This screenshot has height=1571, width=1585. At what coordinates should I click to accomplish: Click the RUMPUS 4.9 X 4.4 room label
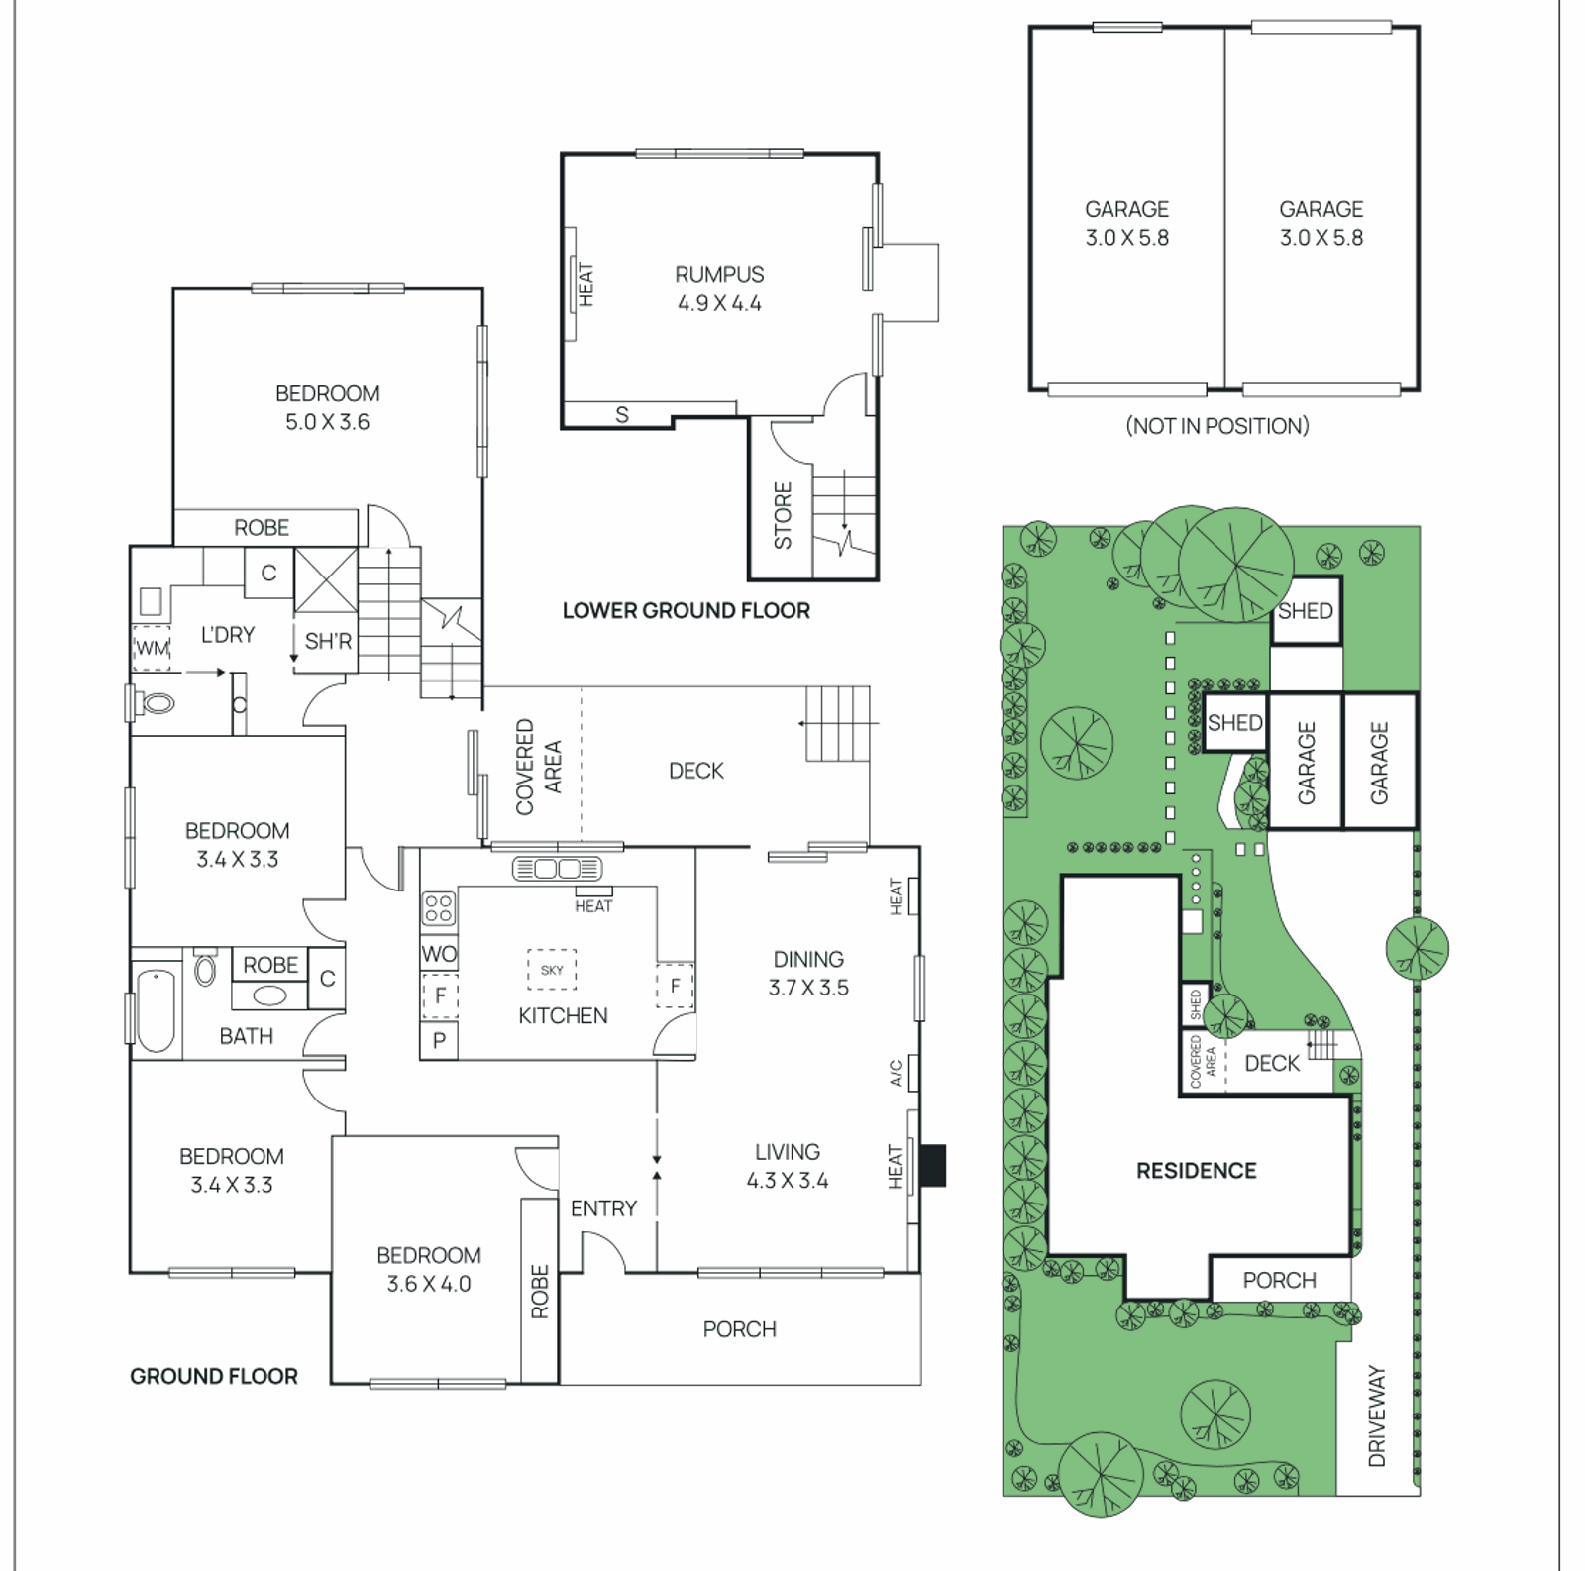[x=719, y=289]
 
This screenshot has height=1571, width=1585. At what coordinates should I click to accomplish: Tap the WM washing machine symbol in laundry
[x=153, y=648]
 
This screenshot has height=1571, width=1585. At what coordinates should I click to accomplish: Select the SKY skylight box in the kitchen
[x=552, y=970]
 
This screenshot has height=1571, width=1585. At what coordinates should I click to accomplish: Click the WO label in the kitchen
[x=439, y=954]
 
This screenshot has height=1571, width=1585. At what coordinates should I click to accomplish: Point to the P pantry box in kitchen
[x=439, y=1040]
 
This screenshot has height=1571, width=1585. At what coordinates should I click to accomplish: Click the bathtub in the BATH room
[x=156, y=1009]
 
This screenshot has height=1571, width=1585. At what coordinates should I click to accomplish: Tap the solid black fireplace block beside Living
[x=932, y=1165]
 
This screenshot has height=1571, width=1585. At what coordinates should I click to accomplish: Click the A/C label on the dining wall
[x=897, y=1073]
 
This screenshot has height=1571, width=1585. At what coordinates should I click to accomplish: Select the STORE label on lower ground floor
[x=783, y=515]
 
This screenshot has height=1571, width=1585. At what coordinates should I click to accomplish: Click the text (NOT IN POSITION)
[x=1216, y=426]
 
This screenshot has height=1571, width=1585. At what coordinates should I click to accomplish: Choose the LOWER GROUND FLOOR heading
[x=686, y=611]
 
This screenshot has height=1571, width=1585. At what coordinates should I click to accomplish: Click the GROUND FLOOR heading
[x=214, y=1376]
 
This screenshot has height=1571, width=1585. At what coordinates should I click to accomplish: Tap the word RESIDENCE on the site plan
[x=1196, y=1171]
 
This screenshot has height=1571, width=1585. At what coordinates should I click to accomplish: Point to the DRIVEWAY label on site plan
[x=1377, y=1415]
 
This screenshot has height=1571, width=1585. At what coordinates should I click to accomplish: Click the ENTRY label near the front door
[x=603, y=1208]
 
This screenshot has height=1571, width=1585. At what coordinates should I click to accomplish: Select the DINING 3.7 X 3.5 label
[x=808, y=973]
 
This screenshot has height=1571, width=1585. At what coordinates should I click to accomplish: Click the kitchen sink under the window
[x=557, y=869]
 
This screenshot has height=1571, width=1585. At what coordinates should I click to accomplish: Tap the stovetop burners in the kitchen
[x=439, y=908]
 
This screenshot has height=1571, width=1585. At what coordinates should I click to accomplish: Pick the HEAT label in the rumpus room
[x=585, y=284]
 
